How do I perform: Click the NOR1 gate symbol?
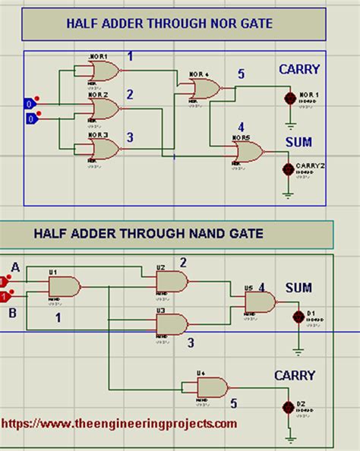click(x=103, y=71)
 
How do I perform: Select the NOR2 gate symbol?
click(x=103, y=109)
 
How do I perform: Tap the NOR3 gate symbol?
click(x=103, y=148)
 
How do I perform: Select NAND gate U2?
click(x=172, y=282)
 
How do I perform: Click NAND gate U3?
click(x=172, y=324)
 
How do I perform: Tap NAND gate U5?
click(x=260, y=302)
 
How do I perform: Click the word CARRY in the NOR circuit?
click(x=299, y=69)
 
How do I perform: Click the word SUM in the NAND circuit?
click(x=298, y=289)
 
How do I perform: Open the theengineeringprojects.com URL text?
click(x=119, y=424)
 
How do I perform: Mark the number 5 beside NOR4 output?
click(x=241, y=74)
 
